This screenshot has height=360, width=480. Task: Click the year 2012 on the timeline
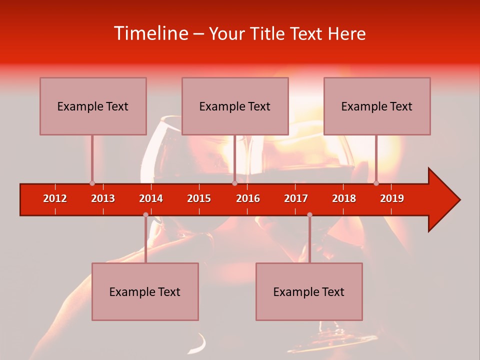coord(55,198)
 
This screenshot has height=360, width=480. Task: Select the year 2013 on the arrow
coord(103,198)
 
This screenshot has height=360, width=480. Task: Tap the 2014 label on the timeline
coord(151,198)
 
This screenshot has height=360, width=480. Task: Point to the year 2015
coord(199,198)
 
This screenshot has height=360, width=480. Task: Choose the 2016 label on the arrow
coord(248,198)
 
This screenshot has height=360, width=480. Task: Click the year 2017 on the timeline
coord(296,198)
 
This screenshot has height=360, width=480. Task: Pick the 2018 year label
coord(344,198)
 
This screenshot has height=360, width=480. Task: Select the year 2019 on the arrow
coord(392,198)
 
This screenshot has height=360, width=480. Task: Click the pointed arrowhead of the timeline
coord(445,200)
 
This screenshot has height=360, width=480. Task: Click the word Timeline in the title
coord(150,33)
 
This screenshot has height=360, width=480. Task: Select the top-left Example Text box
coord(93,106)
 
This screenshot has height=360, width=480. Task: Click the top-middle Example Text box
coord(235,106)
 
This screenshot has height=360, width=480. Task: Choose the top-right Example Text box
coord(377,106)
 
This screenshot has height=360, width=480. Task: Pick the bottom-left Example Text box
coord(145,291)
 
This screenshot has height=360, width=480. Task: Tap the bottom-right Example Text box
coord(309,291)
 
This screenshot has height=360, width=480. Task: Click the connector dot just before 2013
coord(92,183)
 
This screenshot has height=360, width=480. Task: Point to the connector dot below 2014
coord(145,214)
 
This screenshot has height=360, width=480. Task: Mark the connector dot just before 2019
coord(376,183)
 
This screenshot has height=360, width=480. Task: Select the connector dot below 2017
coord(309,214)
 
